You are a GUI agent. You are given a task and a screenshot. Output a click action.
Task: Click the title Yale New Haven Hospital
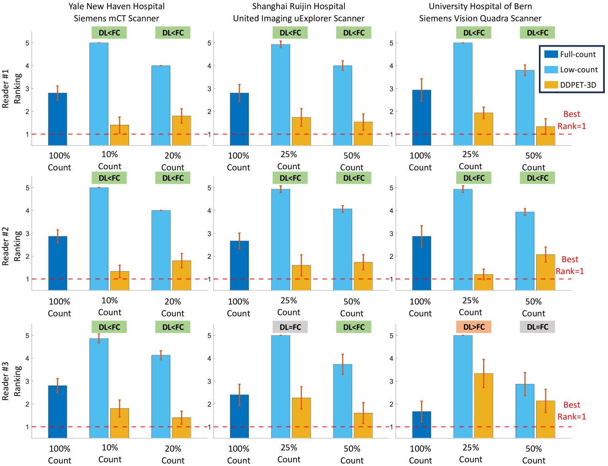coord(117,6)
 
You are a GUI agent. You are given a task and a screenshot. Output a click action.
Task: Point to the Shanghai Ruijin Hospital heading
coord(299,6)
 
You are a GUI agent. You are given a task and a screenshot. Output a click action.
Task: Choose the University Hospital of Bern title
coord(480,6)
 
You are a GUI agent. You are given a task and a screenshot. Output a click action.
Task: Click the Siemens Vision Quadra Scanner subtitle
coord(480,18)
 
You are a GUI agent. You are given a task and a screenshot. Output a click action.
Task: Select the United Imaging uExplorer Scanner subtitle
coord(299,18)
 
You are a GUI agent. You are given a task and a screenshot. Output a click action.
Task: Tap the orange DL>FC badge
coord(473,327)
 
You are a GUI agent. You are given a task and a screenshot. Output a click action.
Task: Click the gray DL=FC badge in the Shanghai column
coord(290,327)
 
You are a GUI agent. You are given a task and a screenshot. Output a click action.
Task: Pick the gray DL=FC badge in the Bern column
coord(537,327)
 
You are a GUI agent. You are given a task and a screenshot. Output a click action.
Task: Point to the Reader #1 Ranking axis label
coord(11,88)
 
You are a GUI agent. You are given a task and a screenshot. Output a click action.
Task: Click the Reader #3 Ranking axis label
coord(11,381)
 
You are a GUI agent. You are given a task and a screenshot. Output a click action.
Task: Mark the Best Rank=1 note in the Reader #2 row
coord(570,265)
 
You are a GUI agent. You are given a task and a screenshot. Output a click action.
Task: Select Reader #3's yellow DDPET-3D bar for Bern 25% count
coord(484,406)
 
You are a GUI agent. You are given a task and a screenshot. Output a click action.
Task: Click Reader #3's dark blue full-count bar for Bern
coord(421,425)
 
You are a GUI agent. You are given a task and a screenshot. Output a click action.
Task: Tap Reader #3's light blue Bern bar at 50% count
coord(525,411)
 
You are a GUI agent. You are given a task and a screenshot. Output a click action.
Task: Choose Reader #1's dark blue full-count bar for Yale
coord(58,119)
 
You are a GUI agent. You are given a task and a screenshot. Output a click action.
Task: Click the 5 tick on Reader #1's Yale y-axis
coord(27,43)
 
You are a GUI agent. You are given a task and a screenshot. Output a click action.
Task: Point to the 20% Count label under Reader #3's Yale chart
coord(173,455)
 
